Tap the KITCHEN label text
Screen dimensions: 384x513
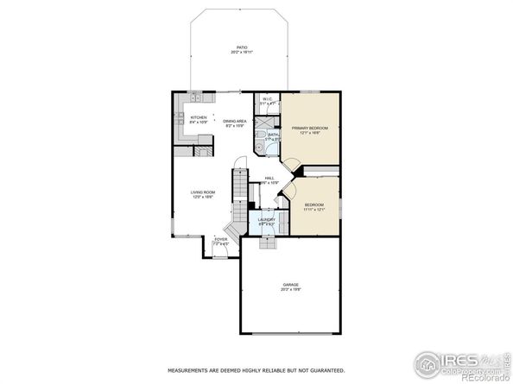coord(199,117)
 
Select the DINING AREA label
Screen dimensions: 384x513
coord(235,121)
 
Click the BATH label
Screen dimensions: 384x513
coord(273,134)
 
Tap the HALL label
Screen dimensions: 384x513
coord(269,178)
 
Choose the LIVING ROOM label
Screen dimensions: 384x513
coord(203,192)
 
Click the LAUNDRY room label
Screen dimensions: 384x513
coord(266,219)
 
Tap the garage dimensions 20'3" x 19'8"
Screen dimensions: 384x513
coord(291,290)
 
